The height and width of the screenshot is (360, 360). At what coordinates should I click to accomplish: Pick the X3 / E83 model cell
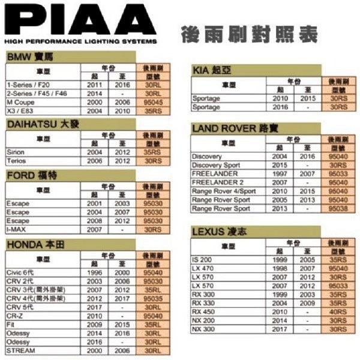point(19,111)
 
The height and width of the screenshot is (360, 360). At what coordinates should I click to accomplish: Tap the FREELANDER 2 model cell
point(218,182)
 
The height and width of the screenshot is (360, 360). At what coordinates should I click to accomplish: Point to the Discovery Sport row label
point(215,165)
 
